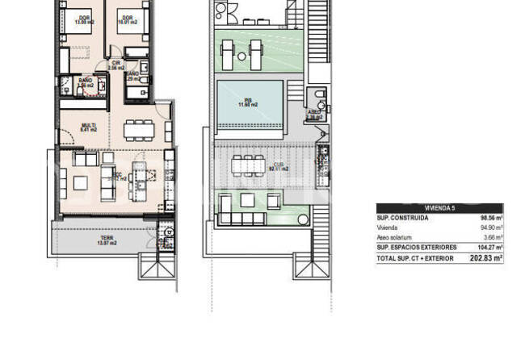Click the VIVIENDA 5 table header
[x=439, y=208]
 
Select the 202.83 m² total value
[x=486, y=260]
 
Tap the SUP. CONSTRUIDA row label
[x=402, y=218]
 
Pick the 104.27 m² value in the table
[x=489, y=248]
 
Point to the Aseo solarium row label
[x=395, y=238]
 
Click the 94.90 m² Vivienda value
[x=490, y=228]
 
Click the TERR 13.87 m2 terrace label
[x=107, y=240]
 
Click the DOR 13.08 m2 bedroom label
[x=84, y=20]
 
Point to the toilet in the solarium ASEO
[x=321, y=102]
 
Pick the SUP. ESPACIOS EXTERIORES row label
[x=417, y=248]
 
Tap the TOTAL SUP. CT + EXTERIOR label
[x=416, y=260]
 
